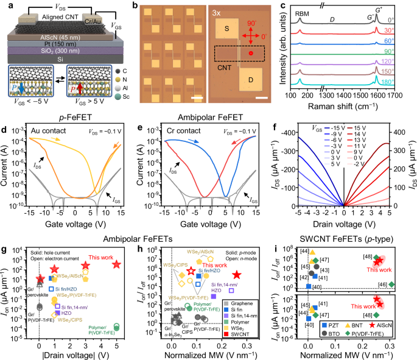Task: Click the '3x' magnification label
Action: coord(221,10)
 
